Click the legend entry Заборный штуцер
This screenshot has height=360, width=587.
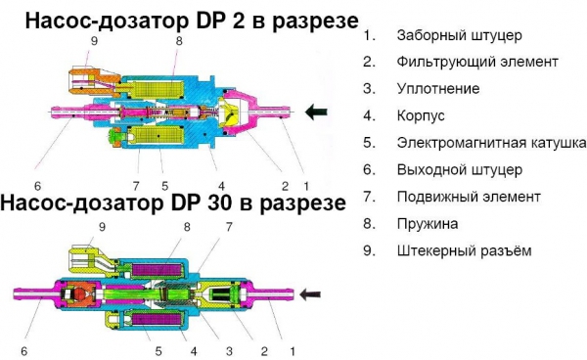(x=459, y=36)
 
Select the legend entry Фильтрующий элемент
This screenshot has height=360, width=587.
(x=477, y=62)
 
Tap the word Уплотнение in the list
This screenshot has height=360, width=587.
(x=438, y=89)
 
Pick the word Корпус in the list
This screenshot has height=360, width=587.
(x=421, y=115)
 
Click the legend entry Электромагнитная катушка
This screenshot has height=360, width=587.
(x=491, y=143)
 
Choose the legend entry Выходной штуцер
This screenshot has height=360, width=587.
(x=460, y=170)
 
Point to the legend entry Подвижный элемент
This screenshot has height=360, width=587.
(x=469, y=197)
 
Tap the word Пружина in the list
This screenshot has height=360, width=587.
(x=428, y=224)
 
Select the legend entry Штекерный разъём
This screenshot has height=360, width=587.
(x=464, y=251)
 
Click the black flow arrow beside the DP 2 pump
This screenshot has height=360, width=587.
(x=316, y=112)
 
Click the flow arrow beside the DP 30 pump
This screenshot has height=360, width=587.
(x=309, y=294)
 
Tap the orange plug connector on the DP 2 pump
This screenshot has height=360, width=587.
(x=93, y=82)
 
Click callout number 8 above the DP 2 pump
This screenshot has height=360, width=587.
(x=179, y=41)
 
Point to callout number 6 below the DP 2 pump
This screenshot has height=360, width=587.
(x=37, y=186)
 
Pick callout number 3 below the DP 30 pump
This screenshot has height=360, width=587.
(x=229, y=351)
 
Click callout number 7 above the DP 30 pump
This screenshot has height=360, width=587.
(x=229, y=227)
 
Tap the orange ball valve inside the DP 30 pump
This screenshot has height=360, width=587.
(x=80, y=294)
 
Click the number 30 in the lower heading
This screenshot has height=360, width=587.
(x=204, y=203)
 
